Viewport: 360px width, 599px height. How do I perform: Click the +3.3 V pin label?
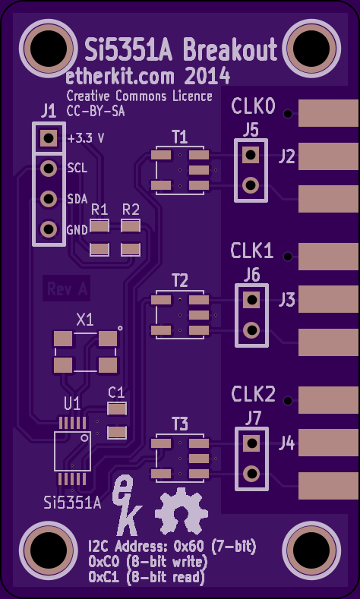click(x=86, y=138)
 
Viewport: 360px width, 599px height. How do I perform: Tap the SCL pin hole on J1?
click(x=49, y=168)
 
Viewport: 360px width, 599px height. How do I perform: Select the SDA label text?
click(x=77, y=199)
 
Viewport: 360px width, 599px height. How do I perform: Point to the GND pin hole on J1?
click(x=49, y=229)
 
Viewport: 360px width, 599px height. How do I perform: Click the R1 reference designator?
click(x=99, y=210)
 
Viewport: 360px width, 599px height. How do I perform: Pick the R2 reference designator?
click(x=131, y=210)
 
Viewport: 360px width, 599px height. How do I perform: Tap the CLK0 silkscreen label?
click(x=253, y=106)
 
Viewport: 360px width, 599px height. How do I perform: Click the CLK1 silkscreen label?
click(x=252, y=251)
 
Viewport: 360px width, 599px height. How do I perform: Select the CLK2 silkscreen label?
click(x=253, y=394)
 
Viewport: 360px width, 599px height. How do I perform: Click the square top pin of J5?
click(x=251, y=155)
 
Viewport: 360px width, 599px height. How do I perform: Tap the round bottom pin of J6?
click(x=252, y=329)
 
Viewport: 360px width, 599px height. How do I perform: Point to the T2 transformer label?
click(x=180, y=281)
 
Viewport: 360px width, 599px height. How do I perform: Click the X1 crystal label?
click(x=85, y=320)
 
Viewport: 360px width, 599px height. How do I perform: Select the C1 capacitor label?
click(x=116, y=393)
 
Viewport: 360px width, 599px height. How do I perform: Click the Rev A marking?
click(x=67, y=288)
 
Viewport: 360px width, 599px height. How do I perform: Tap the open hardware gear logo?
click(x=182, y=511)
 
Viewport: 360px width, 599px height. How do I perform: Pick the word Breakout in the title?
click(x=230, y=49)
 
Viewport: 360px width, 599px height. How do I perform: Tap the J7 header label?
click(x=253, y=419)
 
